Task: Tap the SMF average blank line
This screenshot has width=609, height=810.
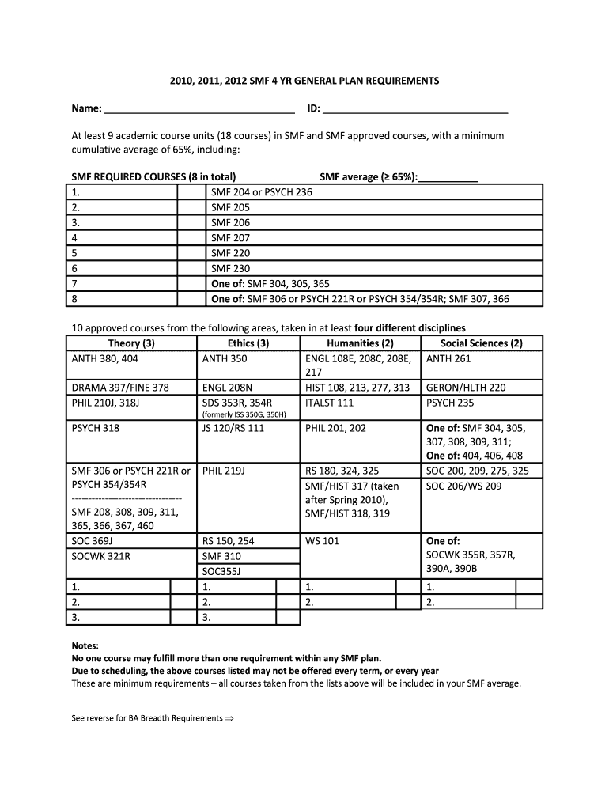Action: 448,178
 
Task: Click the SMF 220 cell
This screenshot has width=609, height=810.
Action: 230,254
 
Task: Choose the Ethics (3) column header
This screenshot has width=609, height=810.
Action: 248,343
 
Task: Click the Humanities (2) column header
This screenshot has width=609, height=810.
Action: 360,343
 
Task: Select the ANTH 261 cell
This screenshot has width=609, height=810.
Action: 448,359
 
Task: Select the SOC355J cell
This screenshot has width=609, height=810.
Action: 221,571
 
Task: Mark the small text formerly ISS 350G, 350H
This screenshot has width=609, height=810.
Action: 244,414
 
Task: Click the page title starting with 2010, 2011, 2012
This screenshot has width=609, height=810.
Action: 304,81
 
